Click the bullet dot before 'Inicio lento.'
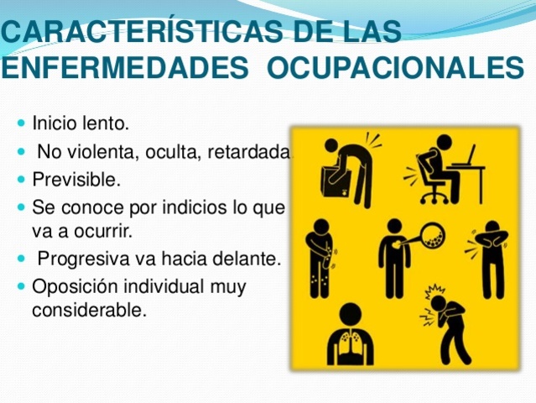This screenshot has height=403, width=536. tap(21, 124)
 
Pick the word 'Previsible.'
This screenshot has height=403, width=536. tap(75, 180)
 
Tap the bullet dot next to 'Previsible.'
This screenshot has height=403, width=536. tap(21, 180)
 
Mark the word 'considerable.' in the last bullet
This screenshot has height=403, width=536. tap(89, 311)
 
